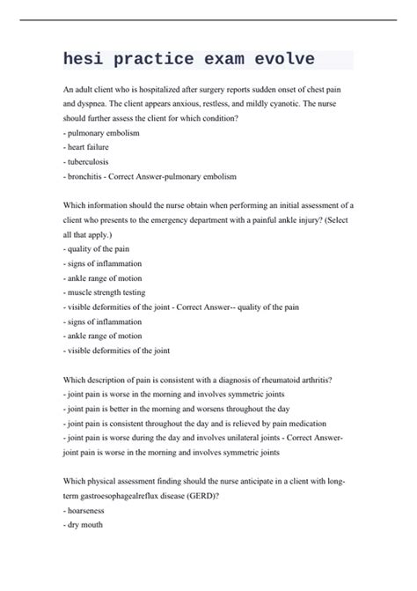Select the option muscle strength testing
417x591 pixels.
[x=106, y=292]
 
